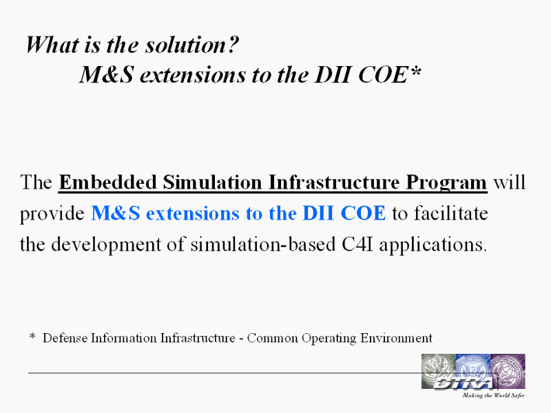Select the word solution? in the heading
[x=192, y=45]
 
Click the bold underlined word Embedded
[x=108, y=182]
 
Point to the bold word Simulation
[x=212, y=182]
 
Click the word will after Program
[x=509, y=182]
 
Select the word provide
[x=52, y=214]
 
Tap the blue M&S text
[x=116, y=213]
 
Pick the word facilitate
[x=451, y=213]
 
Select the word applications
[x=433, y=245]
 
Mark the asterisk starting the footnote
[x=32, y=337]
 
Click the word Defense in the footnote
[x=65, y=338]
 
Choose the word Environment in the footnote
[x=397, y=338]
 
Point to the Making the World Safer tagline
[x=493, y=395]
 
